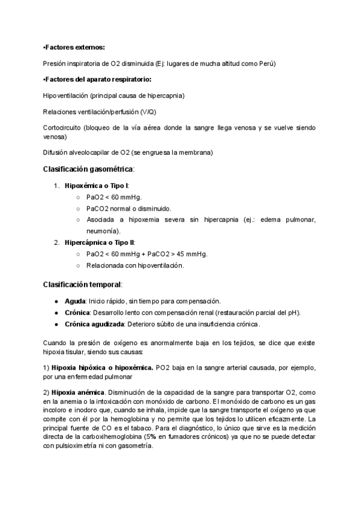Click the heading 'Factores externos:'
click(74, 47)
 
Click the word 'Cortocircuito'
click(62, 128)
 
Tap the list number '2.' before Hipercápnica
click(57, 242)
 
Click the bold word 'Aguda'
click(75, 300)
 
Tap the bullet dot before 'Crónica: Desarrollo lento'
click(56, 312)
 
